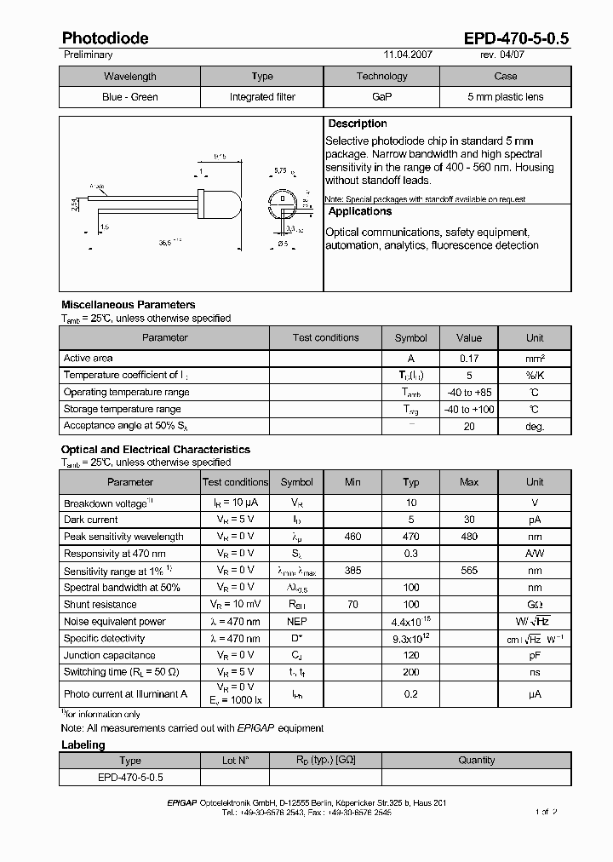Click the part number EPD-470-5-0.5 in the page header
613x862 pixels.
click(516, 38)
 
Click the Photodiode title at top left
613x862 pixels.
click(105, 38)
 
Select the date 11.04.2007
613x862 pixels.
click(408, 55)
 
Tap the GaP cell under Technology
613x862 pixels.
click(381, 97)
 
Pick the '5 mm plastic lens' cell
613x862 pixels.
click(505, 97)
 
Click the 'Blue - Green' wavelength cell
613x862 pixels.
click(129, 97)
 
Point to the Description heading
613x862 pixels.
click(358, 124)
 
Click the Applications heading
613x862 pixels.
click(360, 212)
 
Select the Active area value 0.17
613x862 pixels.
click(469, 359)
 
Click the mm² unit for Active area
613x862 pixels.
click(535, 359)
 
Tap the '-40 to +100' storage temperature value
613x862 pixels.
click(469, 410)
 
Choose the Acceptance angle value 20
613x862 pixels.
click(469, 427)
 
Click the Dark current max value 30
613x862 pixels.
click(469, 520)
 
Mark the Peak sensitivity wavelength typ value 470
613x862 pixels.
click(410, 537)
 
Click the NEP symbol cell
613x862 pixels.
click(297, 622)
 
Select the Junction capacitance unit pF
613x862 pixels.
click(535, 656)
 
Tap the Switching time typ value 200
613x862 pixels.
click(410, 673)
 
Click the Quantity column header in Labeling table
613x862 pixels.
click(476, 761)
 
